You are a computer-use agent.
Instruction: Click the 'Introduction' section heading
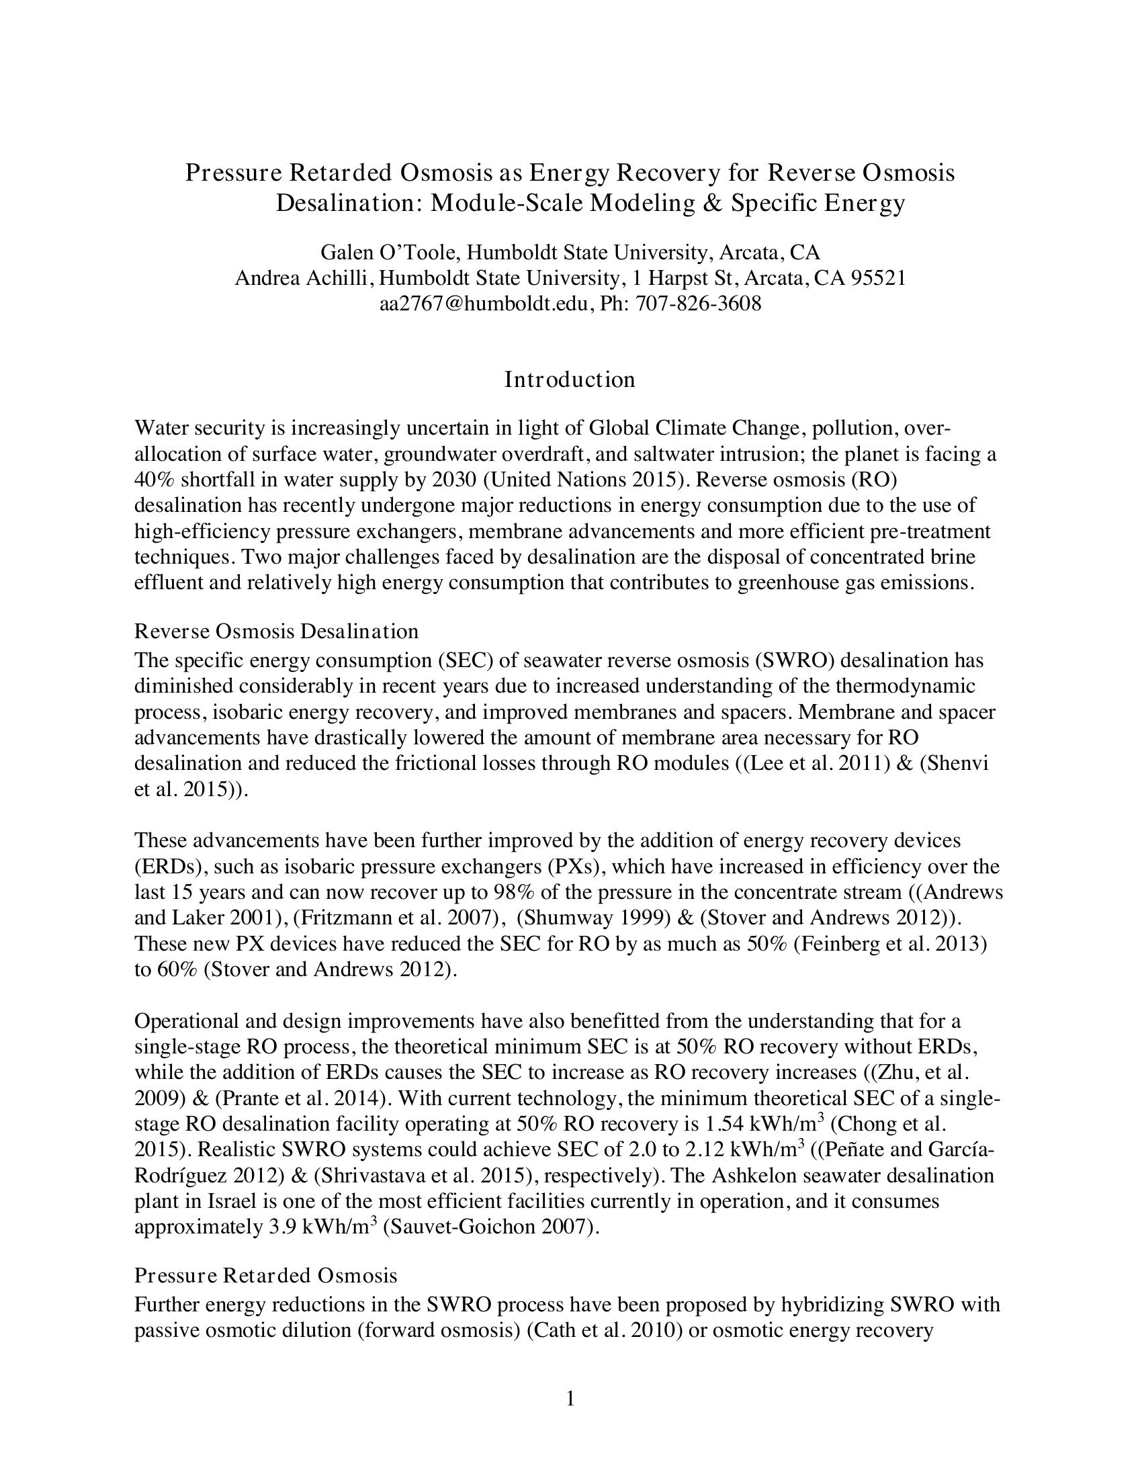click(570, 380)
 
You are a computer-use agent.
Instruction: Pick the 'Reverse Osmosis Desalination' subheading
click(276, 632)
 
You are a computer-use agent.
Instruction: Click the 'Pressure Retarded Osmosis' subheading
click(266, 1276)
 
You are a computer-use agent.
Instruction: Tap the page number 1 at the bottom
click(570, 1398)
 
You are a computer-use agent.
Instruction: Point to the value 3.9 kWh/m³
click(322, 1227)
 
